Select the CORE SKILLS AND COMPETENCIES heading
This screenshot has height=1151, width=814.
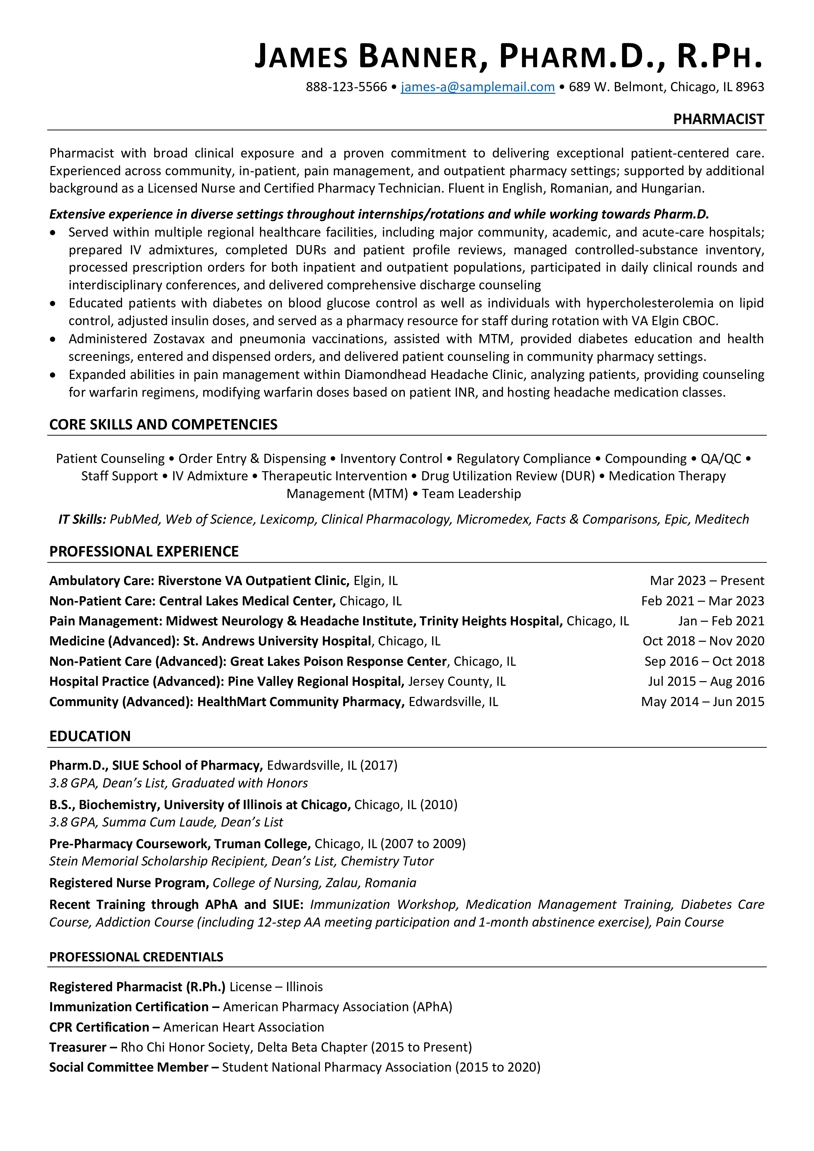[163, 424]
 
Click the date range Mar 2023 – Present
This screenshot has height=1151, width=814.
[707, 580]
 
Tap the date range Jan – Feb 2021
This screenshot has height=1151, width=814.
[721, 621]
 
